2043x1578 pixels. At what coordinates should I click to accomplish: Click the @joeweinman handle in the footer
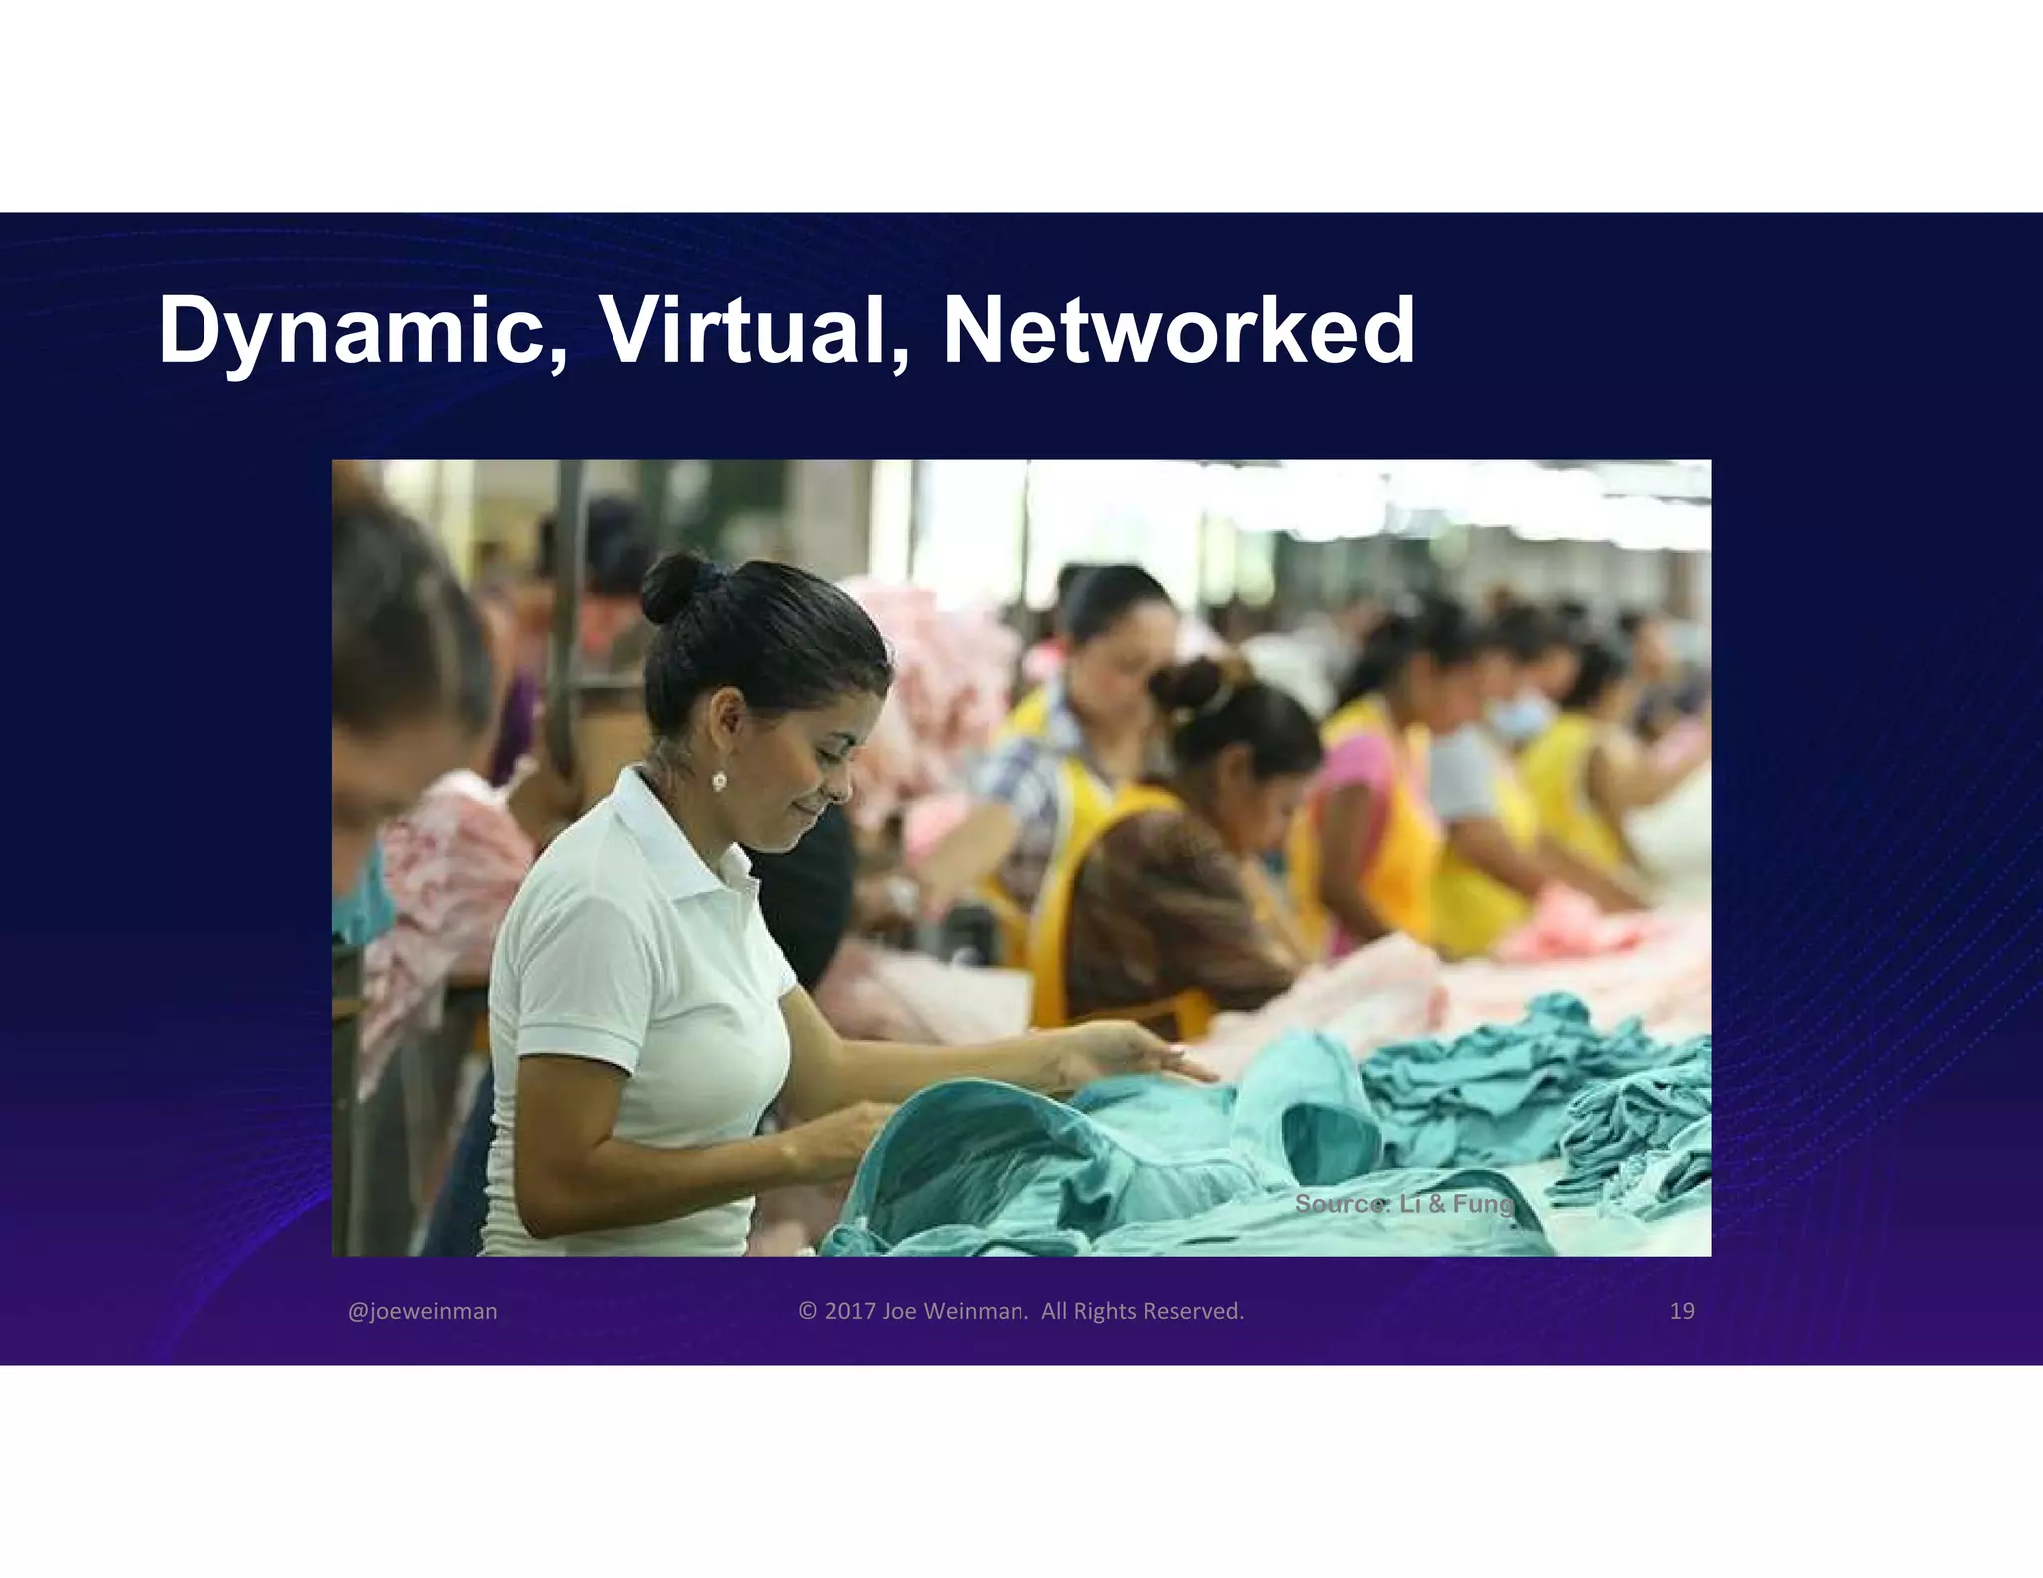pyautogui.click(x=422, y=1311)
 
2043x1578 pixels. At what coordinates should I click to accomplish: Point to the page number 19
pyautogui.click(x=1682, y=1311)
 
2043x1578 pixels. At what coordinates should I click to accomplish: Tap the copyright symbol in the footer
pyautogui.click(x=808, y=1311)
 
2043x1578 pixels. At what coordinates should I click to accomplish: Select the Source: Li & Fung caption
pyautogui.click(x=1404, y=1204)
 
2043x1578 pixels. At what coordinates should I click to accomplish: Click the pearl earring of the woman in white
pyautogui.click(x=718, y=781)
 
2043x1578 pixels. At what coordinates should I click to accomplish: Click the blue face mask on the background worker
pyautogui.click(x=1519, y=717)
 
